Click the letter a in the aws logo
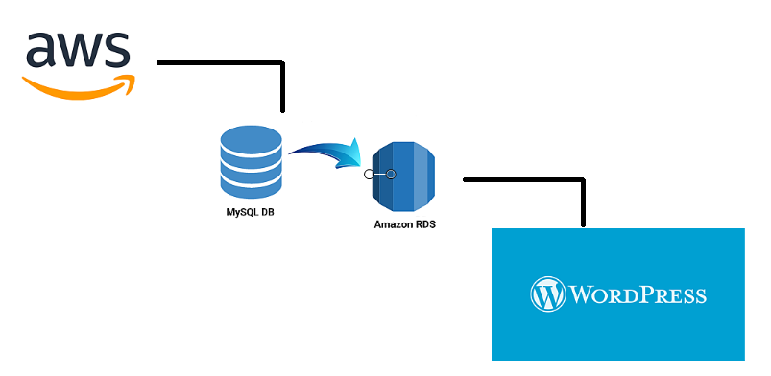click(44, 51)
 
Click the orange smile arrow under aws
click(77, 88)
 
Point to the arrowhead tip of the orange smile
click(133, 80)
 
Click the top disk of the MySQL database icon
click(251, 140)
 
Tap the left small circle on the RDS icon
click(368, 175)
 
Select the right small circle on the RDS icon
click(391, 175)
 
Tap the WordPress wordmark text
click(638, 294)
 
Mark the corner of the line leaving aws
click(283, 64)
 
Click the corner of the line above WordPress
click(582, 179)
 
